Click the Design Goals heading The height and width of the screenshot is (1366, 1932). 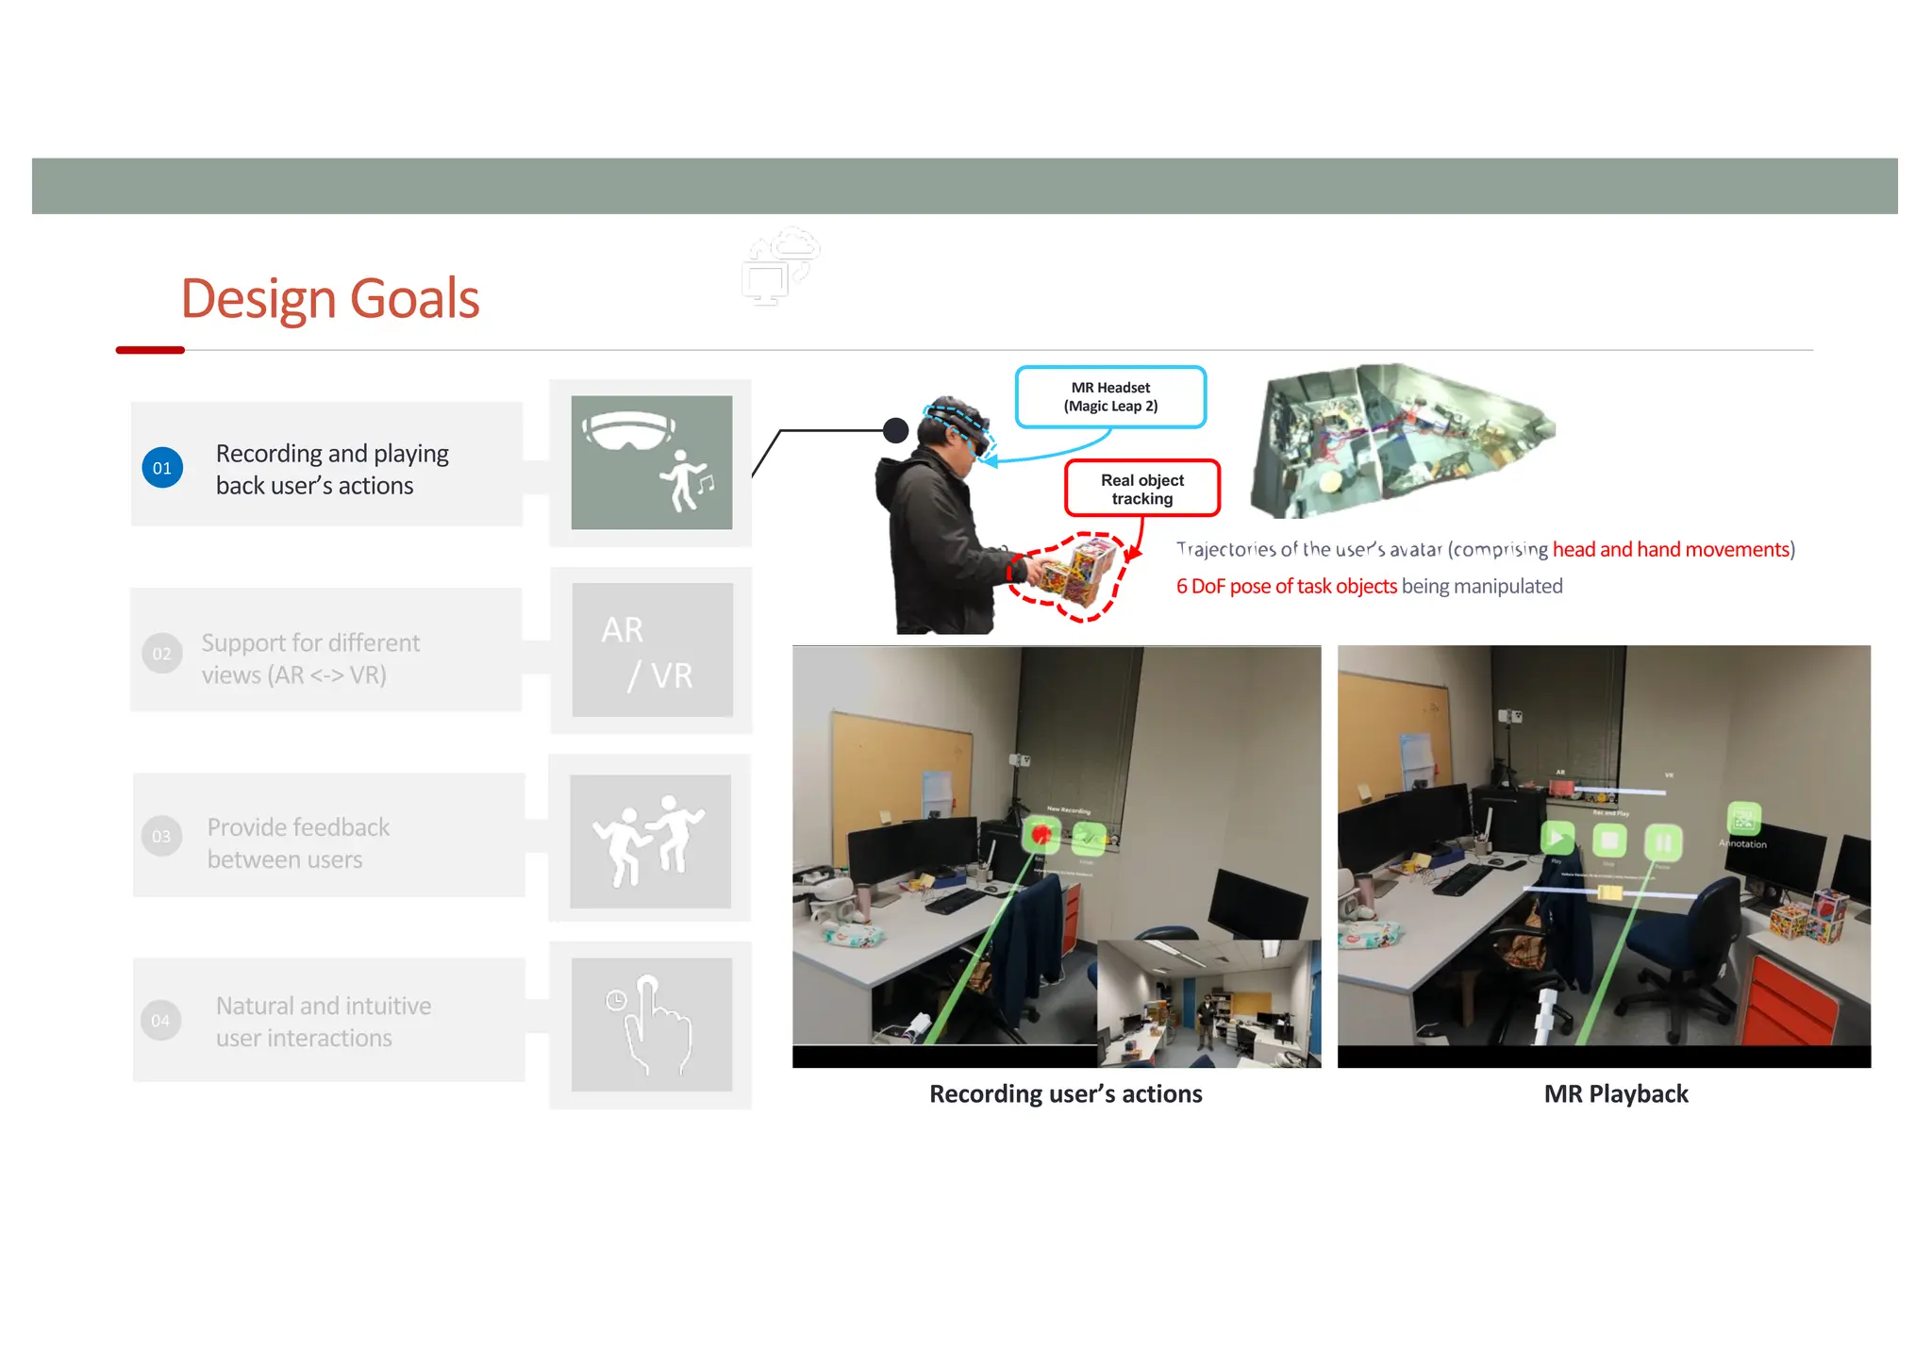[x=329, y=299]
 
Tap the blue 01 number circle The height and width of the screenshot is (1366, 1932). [x=162, y=468]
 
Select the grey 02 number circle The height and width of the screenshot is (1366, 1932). [x=162, y=654]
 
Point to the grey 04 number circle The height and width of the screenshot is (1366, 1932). [x=161, y=1021]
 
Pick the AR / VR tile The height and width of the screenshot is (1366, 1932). [x=652, y=650]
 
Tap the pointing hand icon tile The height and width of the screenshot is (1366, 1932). [x=652, y=1024]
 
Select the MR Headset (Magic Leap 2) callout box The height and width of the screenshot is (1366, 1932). [x=1110, y=397]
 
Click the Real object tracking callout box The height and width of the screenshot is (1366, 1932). [x=1141, y=489]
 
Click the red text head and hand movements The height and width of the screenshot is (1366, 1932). [x=1671, y=550]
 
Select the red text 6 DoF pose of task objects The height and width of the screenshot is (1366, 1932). [x=1286, y=587]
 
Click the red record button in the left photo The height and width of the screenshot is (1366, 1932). [x=1041, y=835]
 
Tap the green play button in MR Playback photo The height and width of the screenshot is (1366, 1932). [x=1557, y=837]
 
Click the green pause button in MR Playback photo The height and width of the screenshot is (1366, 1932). [x=1662, y=840]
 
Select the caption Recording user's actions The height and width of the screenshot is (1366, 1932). [x=1065, y=1094]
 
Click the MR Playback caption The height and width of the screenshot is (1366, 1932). [x=1615, y=1094]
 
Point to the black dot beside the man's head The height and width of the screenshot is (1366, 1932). [x=895, y=431]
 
